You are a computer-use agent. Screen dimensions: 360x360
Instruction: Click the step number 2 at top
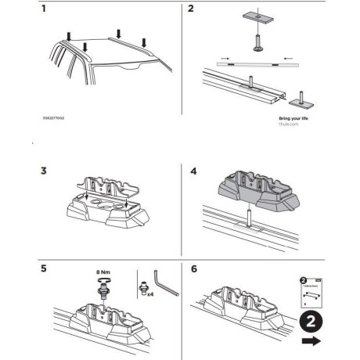point(191,10)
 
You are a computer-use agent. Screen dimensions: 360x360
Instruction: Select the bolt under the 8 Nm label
point(101,287)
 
